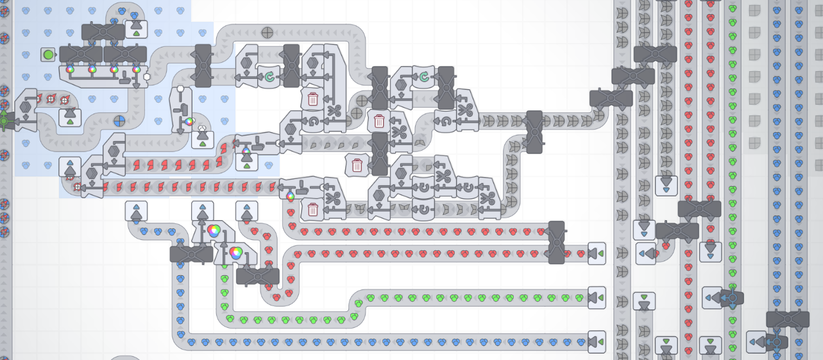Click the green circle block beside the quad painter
click(x=48, y=55)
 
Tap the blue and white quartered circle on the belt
click(x=120, y=121)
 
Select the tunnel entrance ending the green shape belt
click(x=597, y=298)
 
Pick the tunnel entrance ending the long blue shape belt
click(x=597, y=341)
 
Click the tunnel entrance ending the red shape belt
click(x=597, y=253)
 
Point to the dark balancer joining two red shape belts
click(x=556, y=243)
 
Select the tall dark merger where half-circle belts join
click(x=534, y=132)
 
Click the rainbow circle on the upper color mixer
click(x=214, y=230)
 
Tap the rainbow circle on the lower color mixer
click(x=235, y=253)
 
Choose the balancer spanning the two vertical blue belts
click(x=787, y=319)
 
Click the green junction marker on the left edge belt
click(x=4, y=120)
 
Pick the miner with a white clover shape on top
click(x=203, y=137)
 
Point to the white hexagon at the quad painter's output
click(x=147, y=77)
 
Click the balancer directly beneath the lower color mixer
click(x=258, y=277)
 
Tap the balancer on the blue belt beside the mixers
click(x=191, y=254)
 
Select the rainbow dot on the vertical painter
click(x=189, y=121)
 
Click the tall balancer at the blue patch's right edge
click(x=203, y=65)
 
